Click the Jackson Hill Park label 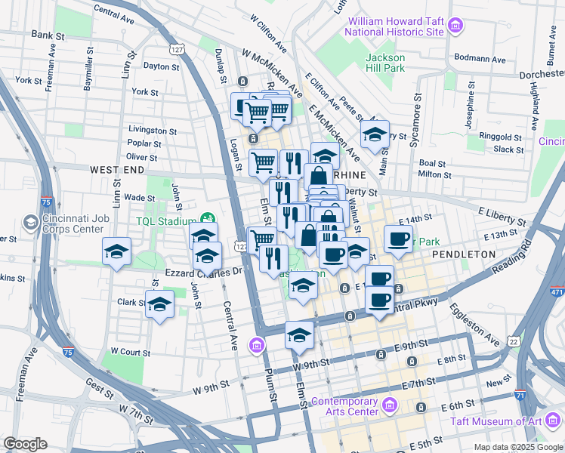point(386,63)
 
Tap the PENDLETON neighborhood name point(463,254)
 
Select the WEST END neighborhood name point(116,171)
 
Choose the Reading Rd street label point(511,257)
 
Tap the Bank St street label point(47,35)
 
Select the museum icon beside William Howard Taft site point(455,28)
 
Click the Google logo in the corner point(24,444)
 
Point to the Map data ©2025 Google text point(518,447)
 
